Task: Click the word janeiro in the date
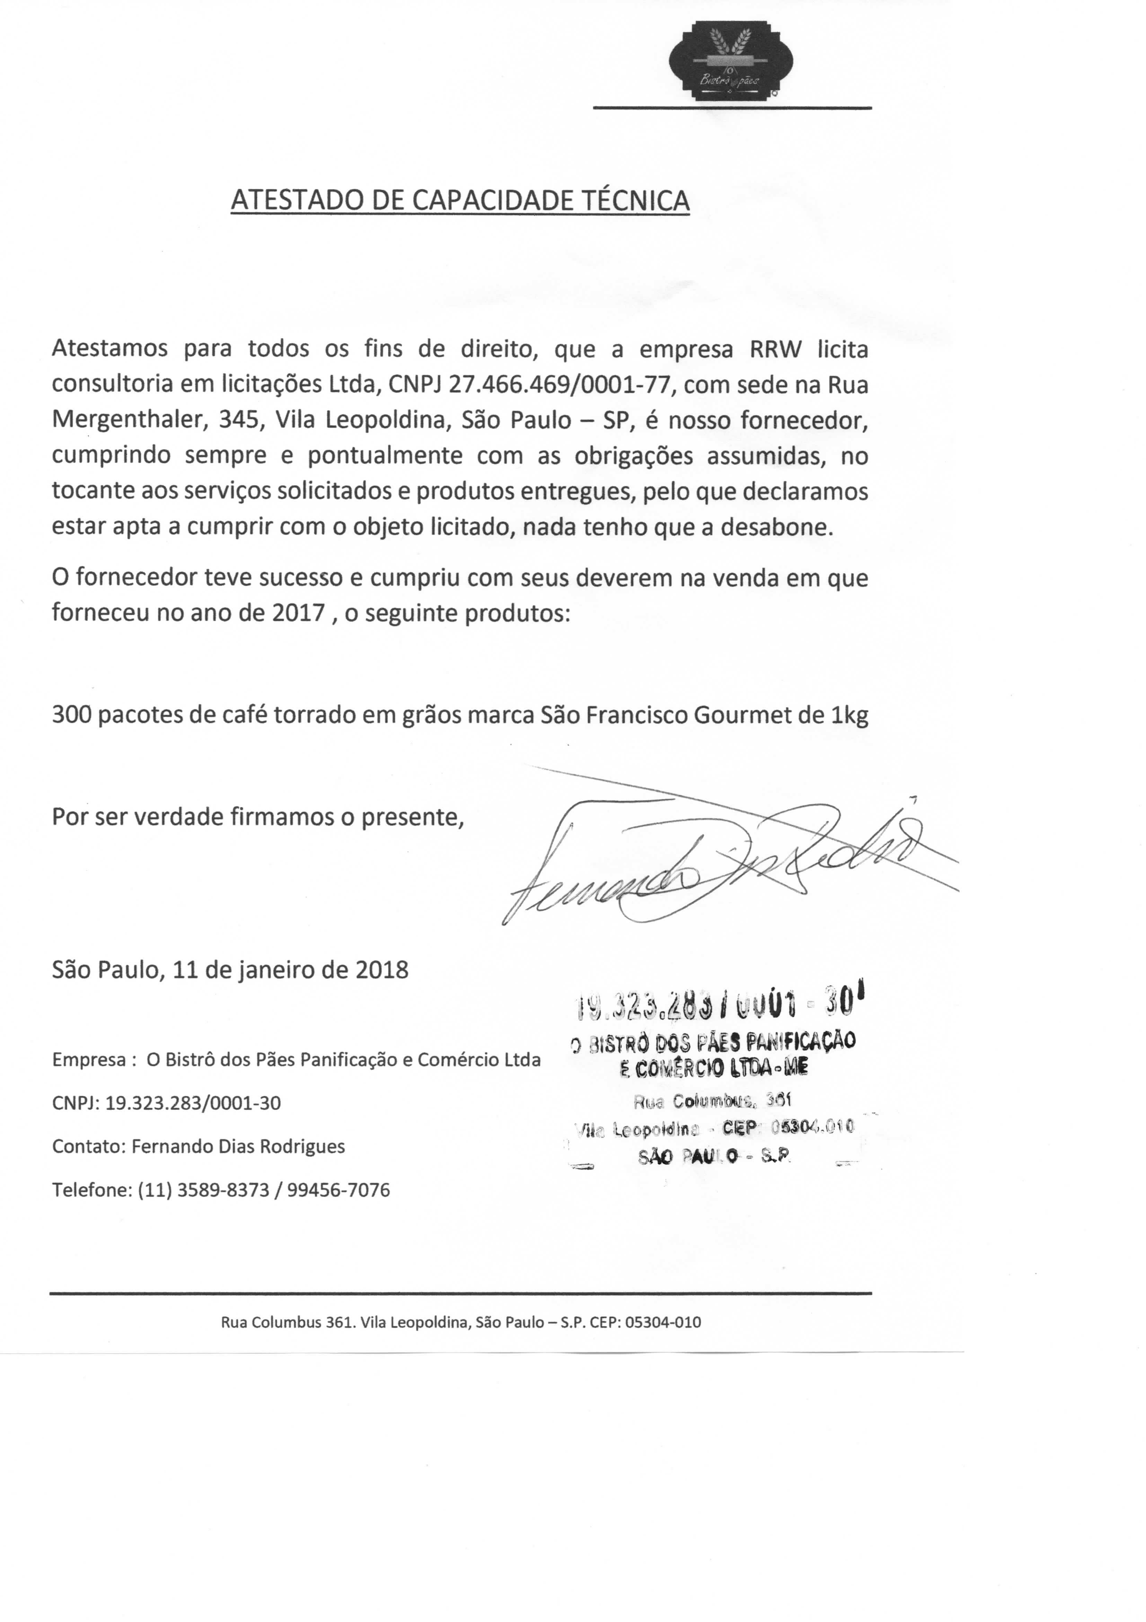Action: pos(274,969)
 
